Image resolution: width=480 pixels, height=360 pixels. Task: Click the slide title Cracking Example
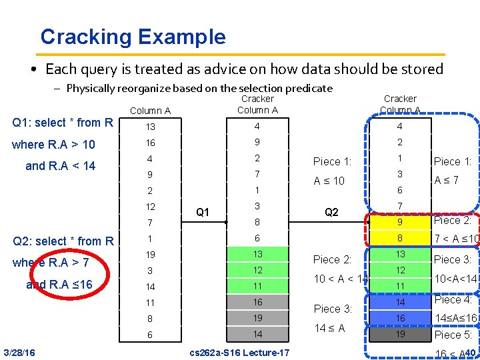133,37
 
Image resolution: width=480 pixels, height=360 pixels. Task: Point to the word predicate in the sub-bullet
308,88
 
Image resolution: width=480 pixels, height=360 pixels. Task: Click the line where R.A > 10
53,144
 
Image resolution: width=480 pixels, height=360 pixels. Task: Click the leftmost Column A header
150,111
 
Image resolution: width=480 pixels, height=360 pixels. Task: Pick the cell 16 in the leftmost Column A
150,143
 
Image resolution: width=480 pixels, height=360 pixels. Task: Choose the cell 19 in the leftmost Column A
150,255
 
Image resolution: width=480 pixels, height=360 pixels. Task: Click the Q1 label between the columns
203,213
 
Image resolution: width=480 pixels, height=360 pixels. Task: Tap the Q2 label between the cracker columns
331,213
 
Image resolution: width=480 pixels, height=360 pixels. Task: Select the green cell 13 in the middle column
257,255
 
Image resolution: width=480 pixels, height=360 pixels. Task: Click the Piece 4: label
453,300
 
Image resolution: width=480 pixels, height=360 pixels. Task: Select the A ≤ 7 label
447,181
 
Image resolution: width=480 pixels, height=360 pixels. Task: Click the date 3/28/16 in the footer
19,352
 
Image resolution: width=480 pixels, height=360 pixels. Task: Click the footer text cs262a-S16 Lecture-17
239,352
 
